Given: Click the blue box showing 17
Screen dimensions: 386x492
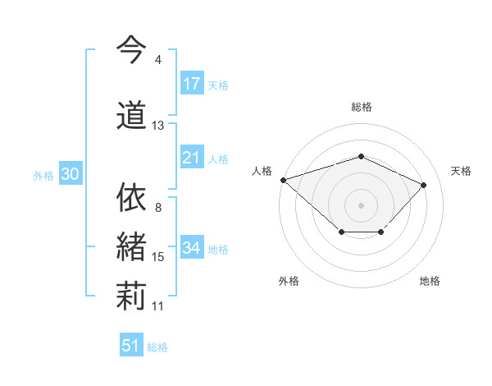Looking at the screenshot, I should tap(192, 84).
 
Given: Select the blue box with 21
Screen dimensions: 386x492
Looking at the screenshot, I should tap(192, 158).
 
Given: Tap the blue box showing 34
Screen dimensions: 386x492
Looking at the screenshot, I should tap(192, 248).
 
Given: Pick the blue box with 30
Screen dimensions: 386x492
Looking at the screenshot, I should tap(70, 174).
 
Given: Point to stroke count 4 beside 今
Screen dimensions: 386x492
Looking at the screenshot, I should tap(158, 60).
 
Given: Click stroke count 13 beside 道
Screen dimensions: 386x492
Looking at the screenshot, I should tap(158, 126).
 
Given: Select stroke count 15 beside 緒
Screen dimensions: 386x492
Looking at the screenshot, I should tap(158, 257).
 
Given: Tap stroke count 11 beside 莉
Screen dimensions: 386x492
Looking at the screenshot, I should tap(158, 306).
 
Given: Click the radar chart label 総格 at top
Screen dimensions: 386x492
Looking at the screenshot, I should tap(362, 107).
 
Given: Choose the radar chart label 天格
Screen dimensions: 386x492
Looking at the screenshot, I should tap(462, 171).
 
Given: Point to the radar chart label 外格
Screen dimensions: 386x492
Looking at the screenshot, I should tap(289, 281).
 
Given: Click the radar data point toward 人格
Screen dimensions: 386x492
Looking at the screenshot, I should tap(283, 179).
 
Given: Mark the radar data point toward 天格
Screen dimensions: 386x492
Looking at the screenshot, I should tap(423, 185).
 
